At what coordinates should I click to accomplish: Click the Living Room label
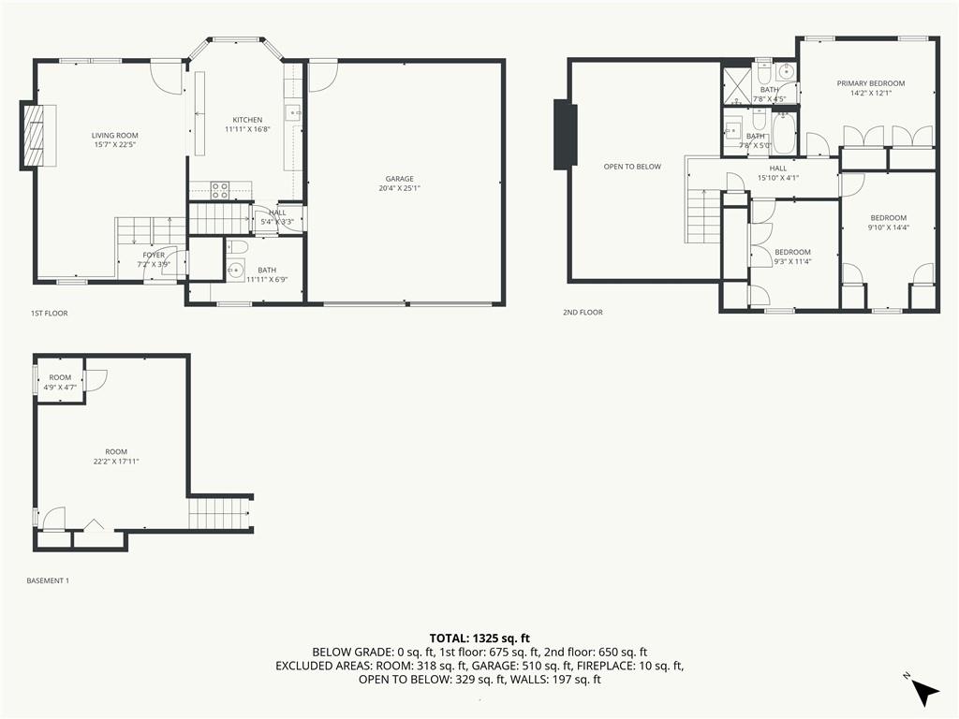(115, 136)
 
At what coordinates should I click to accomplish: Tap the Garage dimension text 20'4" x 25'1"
(399, 188)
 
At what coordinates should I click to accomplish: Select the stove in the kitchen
(220, 190)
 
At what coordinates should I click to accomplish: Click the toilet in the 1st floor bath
(237, 247)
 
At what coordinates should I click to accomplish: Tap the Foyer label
(154, 255)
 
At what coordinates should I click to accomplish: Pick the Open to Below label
(632, 167)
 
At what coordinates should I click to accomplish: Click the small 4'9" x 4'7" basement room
(60, 381)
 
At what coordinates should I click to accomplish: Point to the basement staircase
(219, 513)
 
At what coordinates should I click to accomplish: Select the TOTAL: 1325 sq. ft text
(479, 638)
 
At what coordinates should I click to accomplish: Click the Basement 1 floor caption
(48, 580)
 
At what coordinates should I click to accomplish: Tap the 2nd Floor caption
(583, 312)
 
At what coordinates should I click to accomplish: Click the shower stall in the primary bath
(737, 86)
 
